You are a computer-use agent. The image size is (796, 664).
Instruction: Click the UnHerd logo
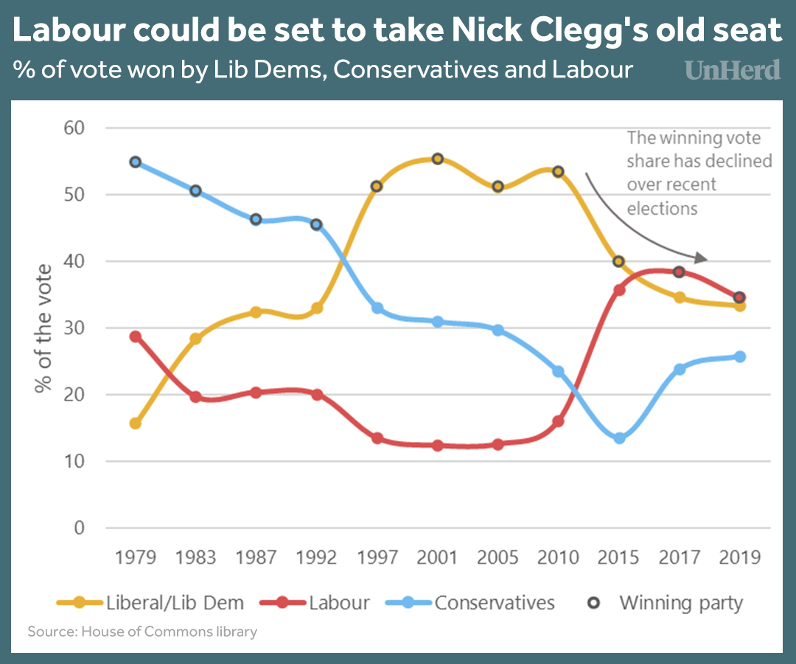pos(733,69)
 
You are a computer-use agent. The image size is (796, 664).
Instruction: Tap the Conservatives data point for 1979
pos(135,162)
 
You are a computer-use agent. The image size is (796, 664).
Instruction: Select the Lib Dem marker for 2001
pos(437,159)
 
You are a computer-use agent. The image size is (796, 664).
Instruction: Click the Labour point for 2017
pos(680,272)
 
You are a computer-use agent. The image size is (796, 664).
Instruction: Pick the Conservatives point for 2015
pos(619,438)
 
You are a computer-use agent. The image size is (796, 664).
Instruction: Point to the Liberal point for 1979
pos(135,423)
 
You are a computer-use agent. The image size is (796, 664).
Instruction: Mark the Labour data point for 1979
pos(135,336)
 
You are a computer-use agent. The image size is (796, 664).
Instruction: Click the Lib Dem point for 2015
pos(619,261)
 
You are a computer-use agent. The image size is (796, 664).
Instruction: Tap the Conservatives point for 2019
pos(740,356)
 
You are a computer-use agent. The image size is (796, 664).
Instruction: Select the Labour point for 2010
pos(558,421)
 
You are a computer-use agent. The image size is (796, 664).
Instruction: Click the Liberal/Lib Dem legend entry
pos(150,603)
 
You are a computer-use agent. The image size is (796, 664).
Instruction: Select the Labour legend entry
pos(315,603)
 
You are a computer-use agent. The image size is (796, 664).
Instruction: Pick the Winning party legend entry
pos(666,603)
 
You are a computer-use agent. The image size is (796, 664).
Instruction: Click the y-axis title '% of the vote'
pos(43,328)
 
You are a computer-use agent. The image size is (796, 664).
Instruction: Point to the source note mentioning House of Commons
pos(142,632)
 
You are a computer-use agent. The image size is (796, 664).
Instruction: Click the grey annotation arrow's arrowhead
pos(703,259)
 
